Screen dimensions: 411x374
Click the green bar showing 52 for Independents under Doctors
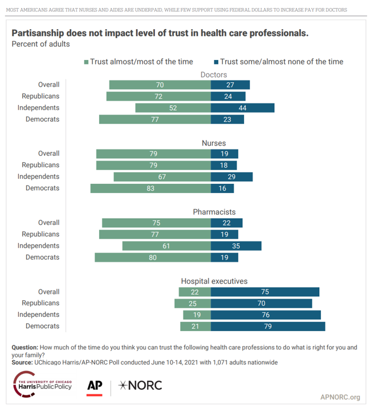click(x=173, y=108)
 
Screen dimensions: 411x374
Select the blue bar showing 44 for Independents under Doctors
click(x=242, y=108)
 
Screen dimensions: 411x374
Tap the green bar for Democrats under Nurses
click(x=151, y=188)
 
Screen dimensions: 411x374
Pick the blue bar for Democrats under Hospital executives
click(x=267, y=327)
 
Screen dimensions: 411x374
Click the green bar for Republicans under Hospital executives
click(x=193, y=303)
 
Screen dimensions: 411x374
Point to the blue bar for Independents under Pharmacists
click(x=236, y=246)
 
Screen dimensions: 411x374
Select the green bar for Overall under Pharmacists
click(x=156, y=223)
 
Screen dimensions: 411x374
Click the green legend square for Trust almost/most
click(x=86, y=62)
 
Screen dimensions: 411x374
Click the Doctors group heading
click(x=214, y=75)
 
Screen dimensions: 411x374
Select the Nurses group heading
click(x=214, y=143)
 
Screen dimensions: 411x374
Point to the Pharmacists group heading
click(x=214, y=212)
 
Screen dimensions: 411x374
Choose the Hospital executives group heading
click(x=214, y=281)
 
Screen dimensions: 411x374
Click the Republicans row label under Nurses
click(x=40, y=166)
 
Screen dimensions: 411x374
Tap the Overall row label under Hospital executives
click(x=48, y=292)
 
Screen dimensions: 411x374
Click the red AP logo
click(x=95, y=386)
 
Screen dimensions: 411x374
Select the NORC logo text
click(x=140, y=386)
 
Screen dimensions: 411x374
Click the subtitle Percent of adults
click(x=40, y=44)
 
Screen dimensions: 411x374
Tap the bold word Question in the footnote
click(x=25, y=348)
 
